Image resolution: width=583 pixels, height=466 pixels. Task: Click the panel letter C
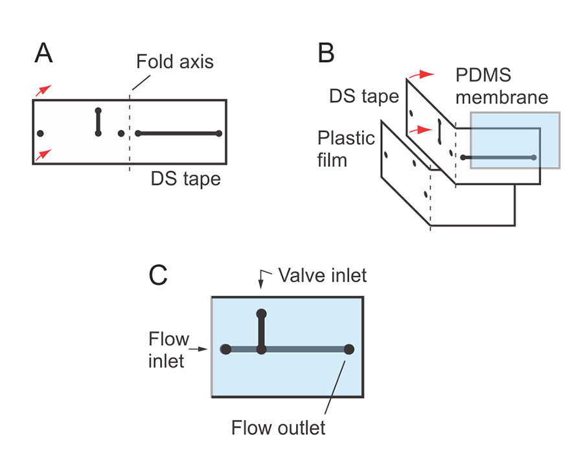point(159,276)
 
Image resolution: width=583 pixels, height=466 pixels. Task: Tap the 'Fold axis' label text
point(175,63)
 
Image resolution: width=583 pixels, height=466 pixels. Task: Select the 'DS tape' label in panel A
point(186,179)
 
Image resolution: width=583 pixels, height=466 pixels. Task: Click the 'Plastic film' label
point(346,148)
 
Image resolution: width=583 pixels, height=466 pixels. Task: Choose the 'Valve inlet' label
point(323,276)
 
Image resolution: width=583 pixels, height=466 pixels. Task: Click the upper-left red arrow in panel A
point(41,91)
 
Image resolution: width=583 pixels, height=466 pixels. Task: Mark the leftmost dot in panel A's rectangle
point(40,133)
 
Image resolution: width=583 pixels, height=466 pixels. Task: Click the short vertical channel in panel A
point(98,122)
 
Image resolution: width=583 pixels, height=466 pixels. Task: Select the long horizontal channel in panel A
point(178,134)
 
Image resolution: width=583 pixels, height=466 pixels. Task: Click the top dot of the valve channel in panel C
point(262,314)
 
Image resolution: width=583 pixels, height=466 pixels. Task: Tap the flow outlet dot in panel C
point(349,349)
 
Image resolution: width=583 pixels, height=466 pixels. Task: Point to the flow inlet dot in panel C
point(225,349)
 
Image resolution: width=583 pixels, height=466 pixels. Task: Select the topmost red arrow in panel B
point(424,74)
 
